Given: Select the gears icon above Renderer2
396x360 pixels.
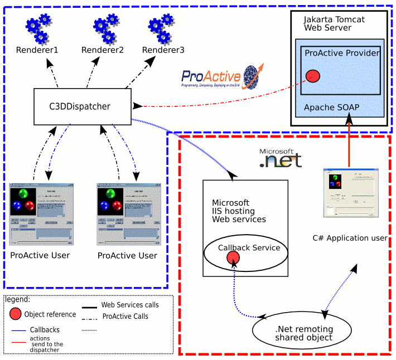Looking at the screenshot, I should pyautogui.click(x=103, y=29).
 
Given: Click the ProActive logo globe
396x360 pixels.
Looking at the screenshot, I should pyautogui.click(x=253, y=76).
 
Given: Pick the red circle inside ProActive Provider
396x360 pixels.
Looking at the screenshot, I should pyautogui.click(x=313, y=75).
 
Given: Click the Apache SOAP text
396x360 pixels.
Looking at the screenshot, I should pyautogui.click(x=332, y=106).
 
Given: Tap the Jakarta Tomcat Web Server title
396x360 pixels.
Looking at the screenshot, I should pyautogui.click(x=334, y=23).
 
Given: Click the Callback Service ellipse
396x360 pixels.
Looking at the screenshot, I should pyautogui.click(x=245, y=252).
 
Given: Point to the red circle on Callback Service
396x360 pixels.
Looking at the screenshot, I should pyautogui.click(x=233, y=257).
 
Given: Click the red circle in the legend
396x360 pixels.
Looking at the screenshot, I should pyautogui.click(x=16, y=314).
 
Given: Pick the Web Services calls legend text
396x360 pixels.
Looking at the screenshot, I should pyautogui.click(x=130, y=305).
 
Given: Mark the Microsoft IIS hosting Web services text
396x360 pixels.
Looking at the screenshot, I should pyautogui.click(x=239, y=211).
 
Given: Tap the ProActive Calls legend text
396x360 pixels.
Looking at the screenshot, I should pyautogui.click(x=125, y=316).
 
